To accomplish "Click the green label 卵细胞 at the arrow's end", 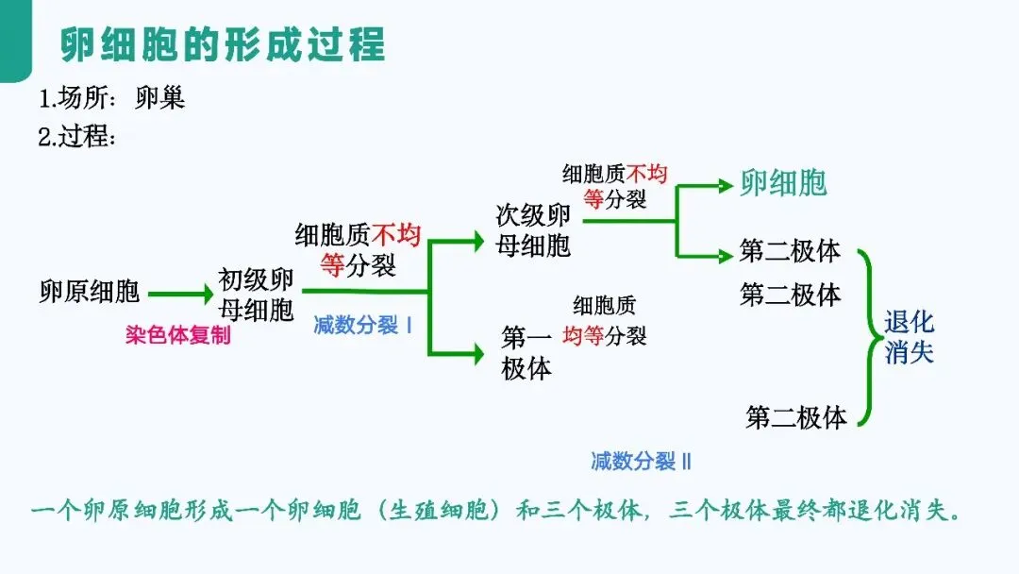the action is tap(783, 184).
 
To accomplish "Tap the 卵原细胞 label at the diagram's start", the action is tap(90, 292).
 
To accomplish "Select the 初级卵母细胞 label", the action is tap(257, 295).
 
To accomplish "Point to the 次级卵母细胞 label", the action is tap(534, 230).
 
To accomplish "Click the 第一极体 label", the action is tap(526, 353).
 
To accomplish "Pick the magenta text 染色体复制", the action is tap(177, 335).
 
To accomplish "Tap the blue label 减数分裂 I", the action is tap(363, 326).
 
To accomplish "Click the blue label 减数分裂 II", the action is tap(642, 462).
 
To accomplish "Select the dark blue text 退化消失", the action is tap(909, 338).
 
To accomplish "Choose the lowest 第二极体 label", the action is tap(796, 417).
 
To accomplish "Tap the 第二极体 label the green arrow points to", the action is tap(790, 253).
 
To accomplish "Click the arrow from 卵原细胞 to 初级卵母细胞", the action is tap(180, 295).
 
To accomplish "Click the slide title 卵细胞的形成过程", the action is tap(223, 44).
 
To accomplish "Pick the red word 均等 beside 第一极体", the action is tap(582, 335).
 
